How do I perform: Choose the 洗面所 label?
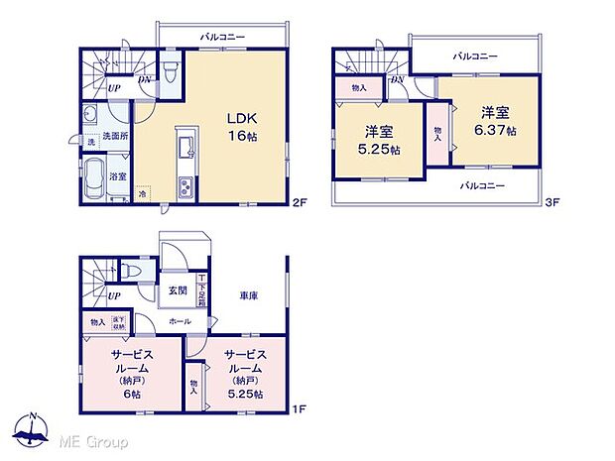pos(117,137)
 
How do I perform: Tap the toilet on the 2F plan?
pos(171,72)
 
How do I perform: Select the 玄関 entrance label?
pos(177,290)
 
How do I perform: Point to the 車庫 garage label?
pos(248,295)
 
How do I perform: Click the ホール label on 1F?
pos(180,321)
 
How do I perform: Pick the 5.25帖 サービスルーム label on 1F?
pos(242,373)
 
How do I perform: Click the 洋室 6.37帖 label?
pos(495,121)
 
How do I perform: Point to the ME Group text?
pos(91,438)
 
